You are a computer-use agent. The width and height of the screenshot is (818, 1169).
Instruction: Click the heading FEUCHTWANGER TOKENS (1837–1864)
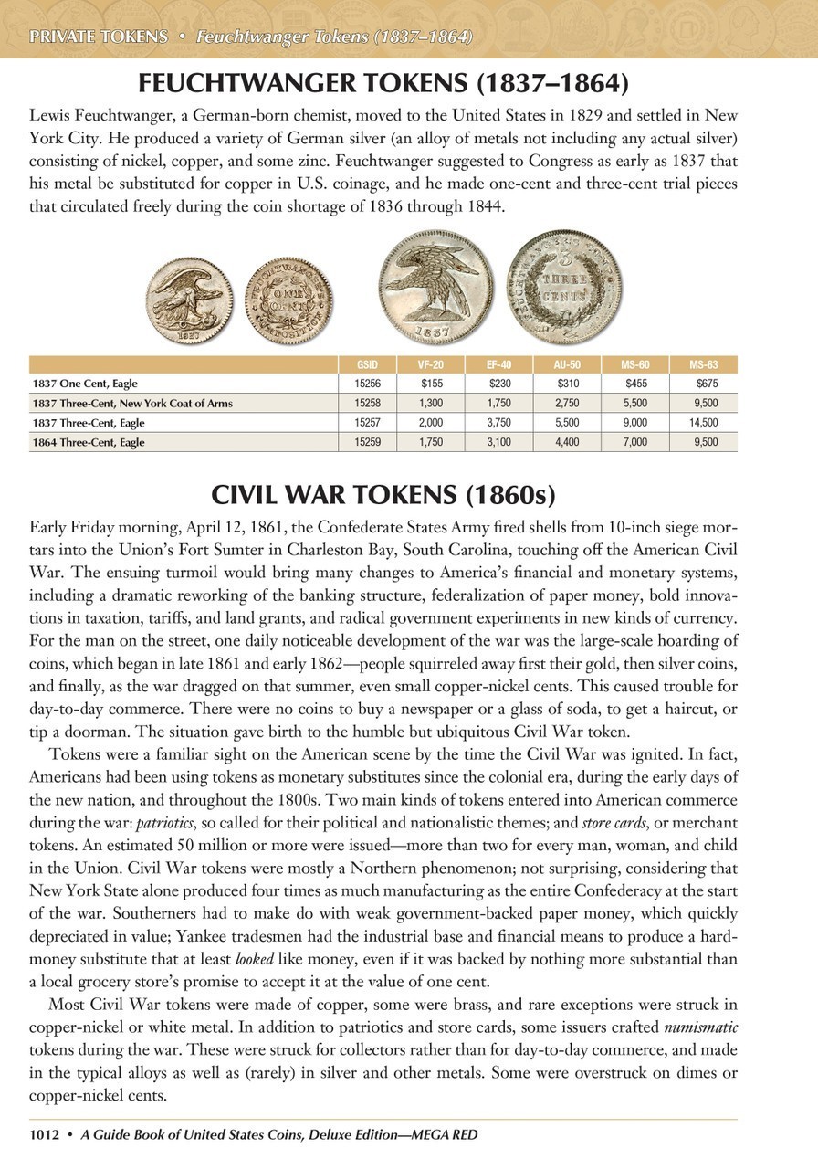(x=383, y=85)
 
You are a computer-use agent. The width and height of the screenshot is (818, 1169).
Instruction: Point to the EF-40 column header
(x=499, y=364)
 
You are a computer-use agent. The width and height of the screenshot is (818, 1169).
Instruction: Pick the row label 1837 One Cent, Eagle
(x=85, y=384)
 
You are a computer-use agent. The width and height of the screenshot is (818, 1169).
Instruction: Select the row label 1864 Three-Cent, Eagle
(x=89, y=442)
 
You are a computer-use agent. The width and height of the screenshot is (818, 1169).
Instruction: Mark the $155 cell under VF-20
(x=431, y=384)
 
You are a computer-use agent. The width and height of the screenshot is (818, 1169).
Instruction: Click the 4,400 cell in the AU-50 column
(x=568, y=442)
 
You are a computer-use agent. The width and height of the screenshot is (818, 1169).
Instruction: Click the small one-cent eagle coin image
(x=186, y=300)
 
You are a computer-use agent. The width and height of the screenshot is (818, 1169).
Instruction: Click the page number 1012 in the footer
(x=44, y=1134)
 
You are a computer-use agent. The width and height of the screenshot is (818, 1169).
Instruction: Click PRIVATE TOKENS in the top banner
(x=99, y=37)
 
